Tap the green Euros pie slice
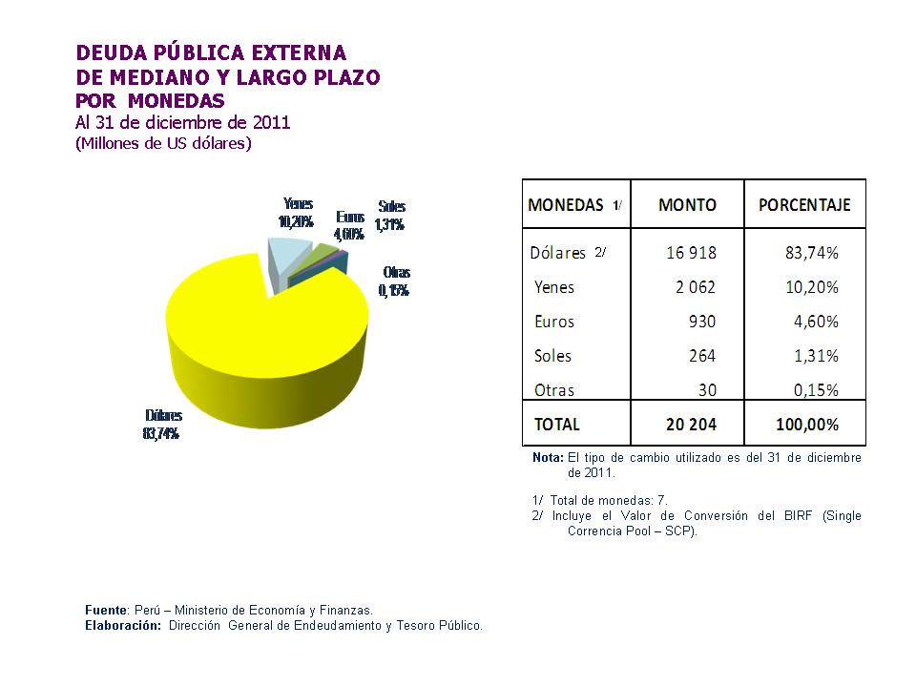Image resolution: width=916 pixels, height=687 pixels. (325, 253)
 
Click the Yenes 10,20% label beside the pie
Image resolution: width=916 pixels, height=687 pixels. (297, 213)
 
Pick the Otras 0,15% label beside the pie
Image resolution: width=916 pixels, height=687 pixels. (395, 281)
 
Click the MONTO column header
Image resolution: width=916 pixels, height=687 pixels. (687, 205)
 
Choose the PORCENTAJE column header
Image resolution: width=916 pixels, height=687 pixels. (803, 205)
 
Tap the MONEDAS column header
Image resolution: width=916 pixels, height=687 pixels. (566, 205)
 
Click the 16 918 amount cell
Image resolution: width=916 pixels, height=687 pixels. (692, 253)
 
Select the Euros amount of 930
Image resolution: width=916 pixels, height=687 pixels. (701, 322)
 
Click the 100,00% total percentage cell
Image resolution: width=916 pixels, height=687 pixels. (804, 424)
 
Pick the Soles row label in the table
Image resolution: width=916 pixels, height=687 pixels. (553, 356)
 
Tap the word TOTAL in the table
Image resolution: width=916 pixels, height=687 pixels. (557, 424)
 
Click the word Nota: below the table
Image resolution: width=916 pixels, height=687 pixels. (547, 458)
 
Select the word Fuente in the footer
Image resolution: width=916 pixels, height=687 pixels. (106, 610)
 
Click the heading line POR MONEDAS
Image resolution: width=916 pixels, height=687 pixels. (150, 100)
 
